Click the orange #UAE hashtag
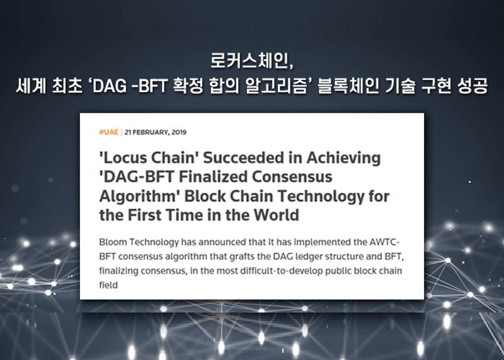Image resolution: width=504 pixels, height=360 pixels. click(108, 132)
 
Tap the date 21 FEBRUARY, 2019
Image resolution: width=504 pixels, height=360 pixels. click(156, 132)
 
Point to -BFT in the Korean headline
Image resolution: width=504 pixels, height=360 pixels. click(151, 86)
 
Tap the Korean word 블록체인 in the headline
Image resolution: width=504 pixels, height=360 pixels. click(348, 86)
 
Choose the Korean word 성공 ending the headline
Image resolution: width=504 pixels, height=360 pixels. click(472, 86)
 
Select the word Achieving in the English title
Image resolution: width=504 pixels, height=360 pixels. click(343, 158)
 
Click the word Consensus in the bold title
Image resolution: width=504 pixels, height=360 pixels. click(292, 177)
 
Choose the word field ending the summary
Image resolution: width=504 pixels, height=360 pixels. click(108, 285)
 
